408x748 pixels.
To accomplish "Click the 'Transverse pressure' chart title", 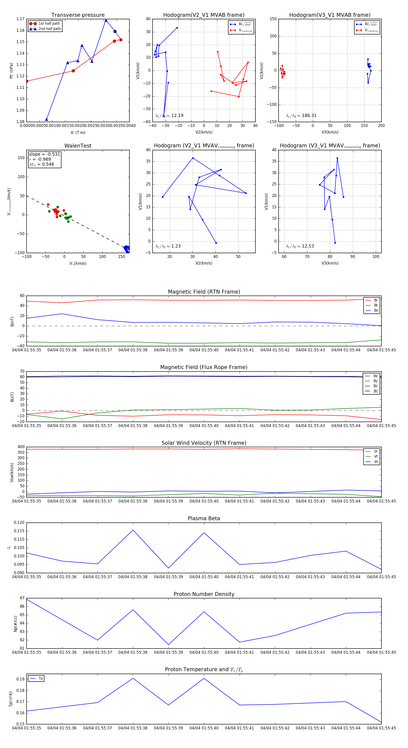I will pyautogui.click(x=78, y=15).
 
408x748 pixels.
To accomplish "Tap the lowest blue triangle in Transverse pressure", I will pyautogui.click(x=46, y=119).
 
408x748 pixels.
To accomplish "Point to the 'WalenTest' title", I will pyautogui.click(x=78, y=146).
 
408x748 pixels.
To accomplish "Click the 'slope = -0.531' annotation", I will pyautogui.click(x=44, y=154).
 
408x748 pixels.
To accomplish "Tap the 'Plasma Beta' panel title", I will pyautogui.click(x=204, y=518).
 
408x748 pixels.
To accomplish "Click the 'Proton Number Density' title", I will pyautogui.click(x=204, y=594).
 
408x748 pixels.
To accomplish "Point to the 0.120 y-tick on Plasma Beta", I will pyautogui.click(x=19, y=522).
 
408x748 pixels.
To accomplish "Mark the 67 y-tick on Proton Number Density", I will pyautogui.click(x=22, y=598).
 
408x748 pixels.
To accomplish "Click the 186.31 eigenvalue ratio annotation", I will pyautogui.click(x=301, y=116).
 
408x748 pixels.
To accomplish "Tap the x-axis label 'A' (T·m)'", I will pyautogui.click(x=78, y=132).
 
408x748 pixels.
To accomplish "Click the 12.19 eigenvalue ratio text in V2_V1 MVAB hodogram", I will pyautogui.click(x=169, y=116).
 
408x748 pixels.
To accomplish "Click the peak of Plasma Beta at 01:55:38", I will pyautogui.click(x=133, y=530).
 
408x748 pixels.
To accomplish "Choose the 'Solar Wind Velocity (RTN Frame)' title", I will pyautogui.click(x=204, y=443).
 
